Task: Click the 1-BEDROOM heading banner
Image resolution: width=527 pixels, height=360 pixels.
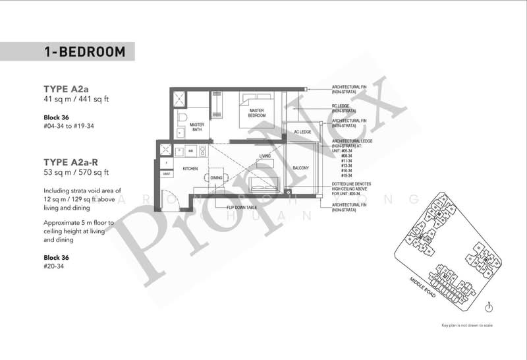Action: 84,51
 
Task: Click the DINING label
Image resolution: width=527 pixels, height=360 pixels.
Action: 216,178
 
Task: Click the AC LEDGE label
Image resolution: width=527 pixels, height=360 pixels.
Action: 301,133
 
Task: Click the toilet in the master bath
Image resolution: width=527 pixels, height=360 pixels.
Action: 182,119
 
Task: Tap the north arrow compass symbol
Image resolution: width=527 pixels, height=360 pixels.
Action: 489,306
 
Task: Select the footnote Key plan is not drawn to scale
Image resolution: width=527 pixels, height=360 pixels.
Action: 472,325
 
